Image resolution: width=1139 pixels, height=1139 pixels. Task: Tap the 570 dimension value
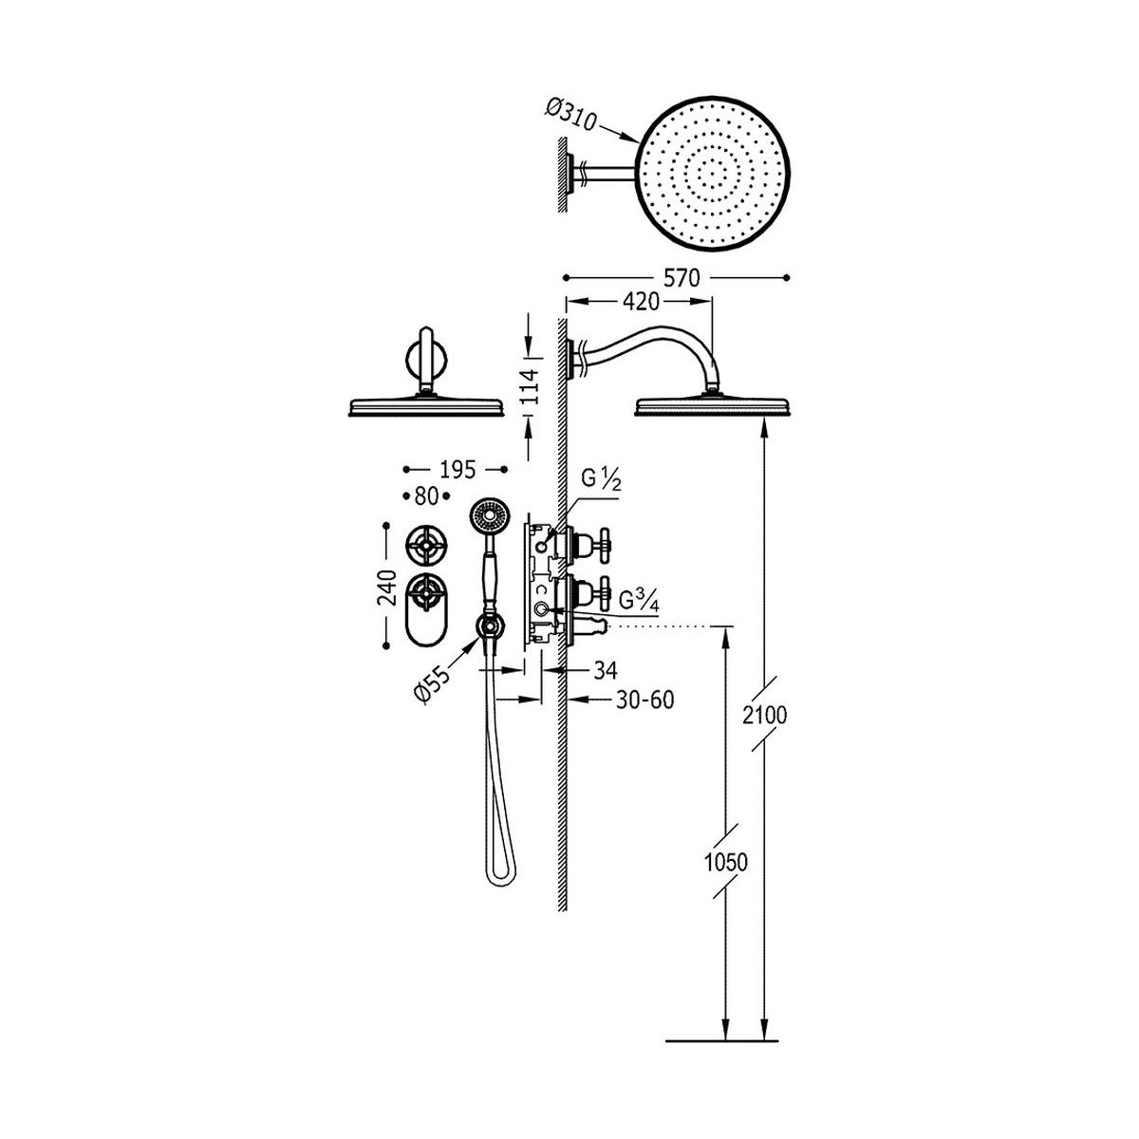682,277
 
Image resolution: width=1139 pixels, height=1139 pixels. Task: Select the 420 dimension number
641,302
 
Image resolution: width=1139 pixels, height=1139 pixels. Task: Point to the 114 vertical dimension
532,387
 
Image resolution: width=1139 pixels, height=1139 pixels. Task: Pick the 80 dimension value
426,496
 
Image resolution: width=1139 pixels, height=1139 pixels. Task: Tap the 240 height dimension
387,588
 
